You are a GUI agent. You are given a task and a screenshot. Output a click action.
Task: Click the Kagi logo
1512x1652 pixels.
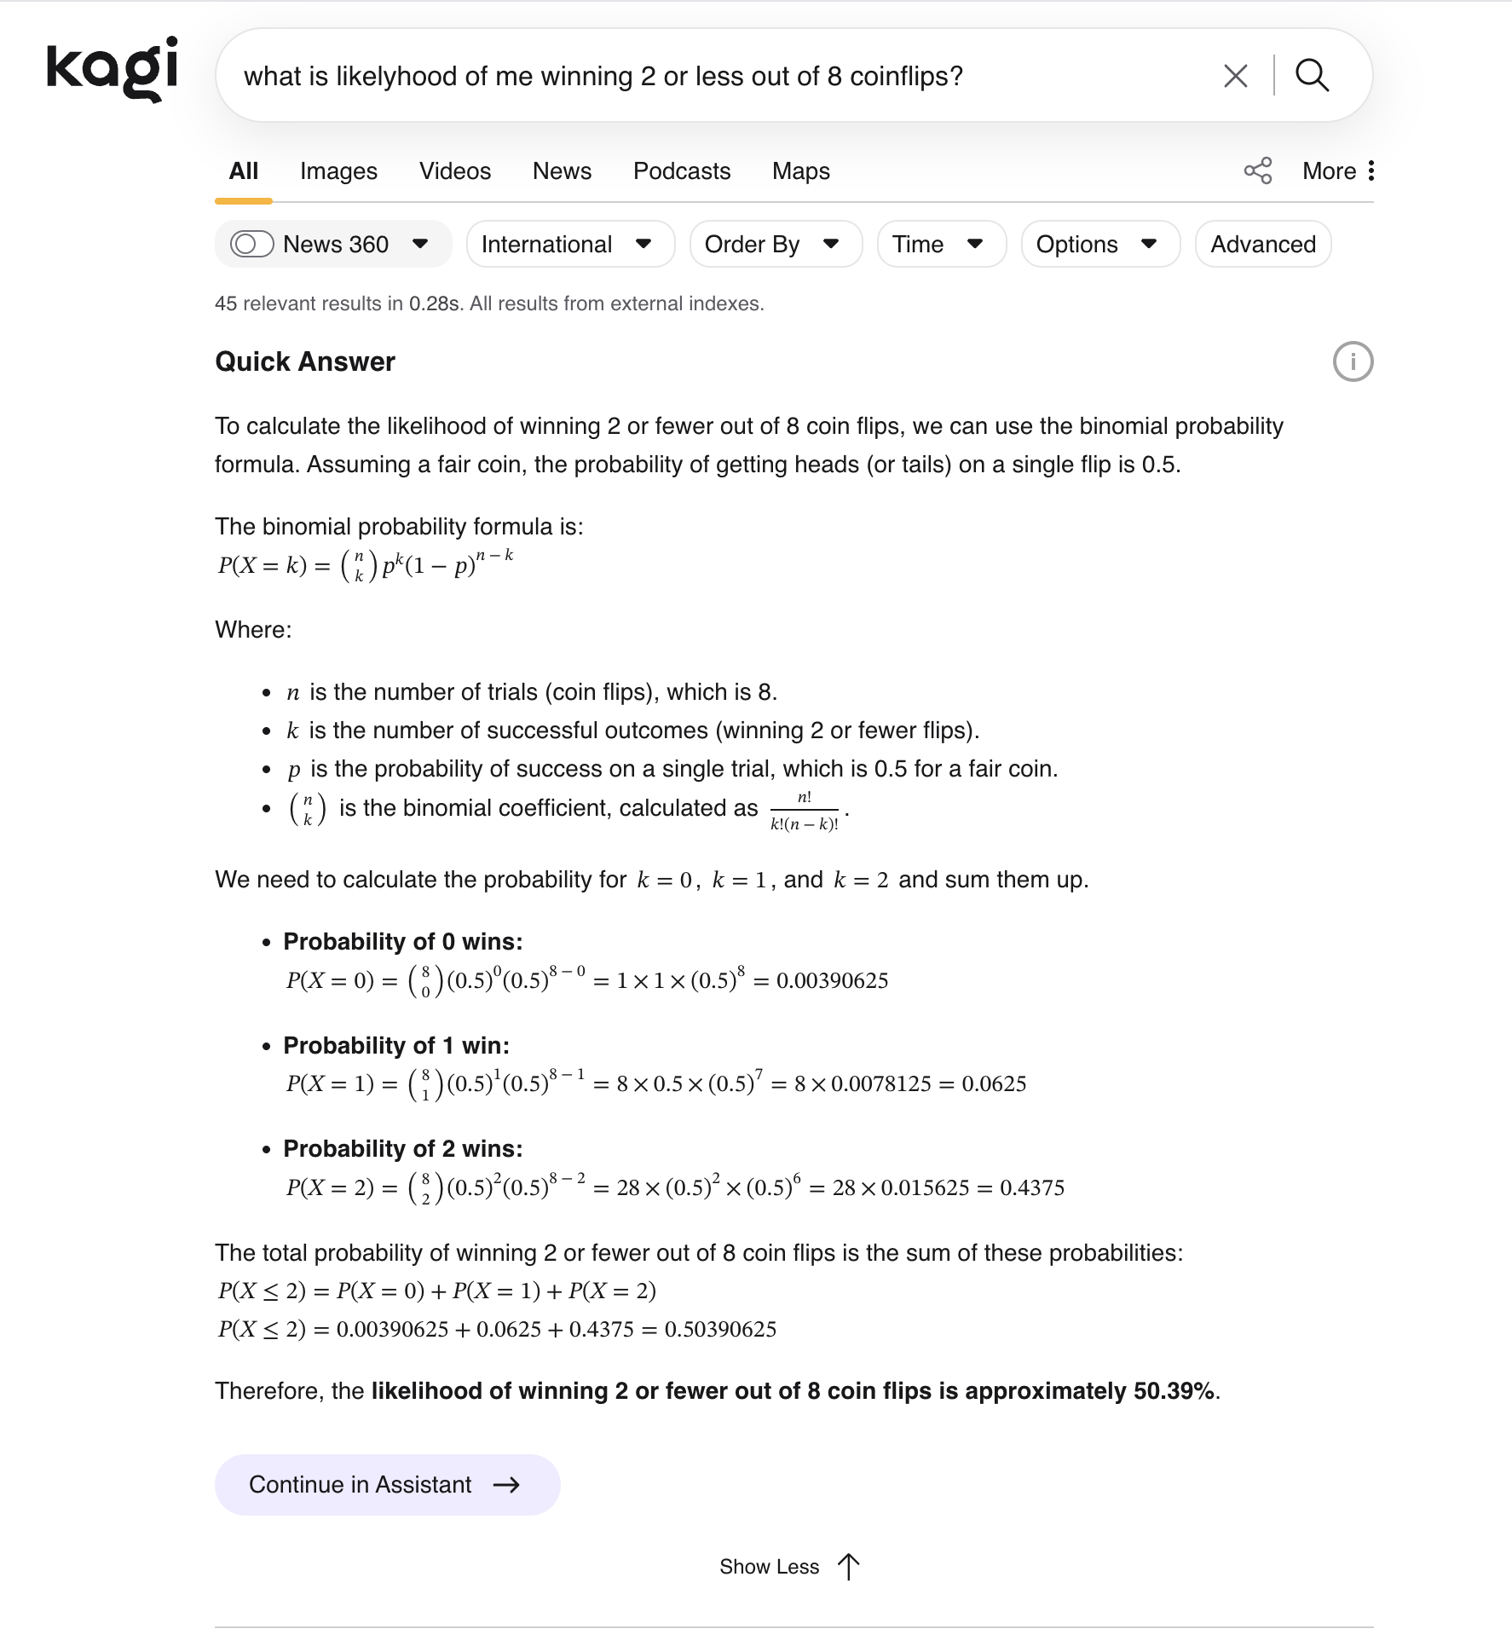point(113,68)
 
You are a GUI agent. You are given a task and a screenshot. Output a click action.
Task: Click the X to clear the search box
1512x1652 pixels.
point(1235,76)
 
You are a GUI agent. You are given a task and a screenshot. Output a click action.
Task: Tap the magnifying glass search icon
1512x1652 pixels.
point(1312,76)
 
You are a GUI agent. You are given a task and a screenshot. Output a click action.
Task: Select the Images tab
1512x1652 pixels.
point(338,171)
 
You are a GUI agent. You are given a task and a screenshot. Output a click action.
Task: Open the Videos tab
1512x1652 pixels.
point(455,171)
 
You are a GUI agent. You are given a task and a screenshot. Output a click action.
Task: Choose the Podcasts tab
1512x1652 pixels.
point(682,171)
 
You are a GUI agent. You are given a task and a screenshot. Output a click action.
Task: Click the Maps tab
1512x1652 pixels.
point(801,171)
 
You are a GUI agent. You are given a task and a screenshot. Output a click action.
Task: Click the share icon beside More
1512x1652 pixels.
point(1258,170)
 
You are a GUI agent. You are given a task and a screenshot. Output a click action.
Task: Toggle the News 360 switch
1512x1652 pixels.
point(252,245)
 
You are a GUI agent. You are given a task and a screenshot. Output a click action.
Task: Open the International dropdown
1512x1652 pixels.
point(570,245)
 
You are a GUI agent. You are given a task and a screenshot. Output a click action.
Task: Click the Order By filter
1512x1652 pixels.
point(776,245)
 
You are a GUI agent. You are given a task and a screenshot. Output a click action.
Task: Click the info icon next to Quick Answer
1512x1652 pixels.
point(1353,361)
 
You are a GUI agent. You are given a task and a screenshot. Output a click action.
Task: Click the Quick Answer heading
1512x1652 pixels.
point(305,362)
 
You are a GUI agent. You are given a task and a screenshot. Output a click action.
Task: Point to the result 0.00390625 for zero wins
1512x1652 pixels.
point(832,981)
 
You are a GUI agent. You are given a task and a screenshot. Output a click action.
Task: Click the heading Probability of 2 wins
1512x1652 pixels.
point(403,1149)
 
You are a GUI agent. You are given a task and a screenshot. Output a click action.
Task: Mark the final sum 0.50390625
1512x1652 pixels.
point(720,1330)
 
